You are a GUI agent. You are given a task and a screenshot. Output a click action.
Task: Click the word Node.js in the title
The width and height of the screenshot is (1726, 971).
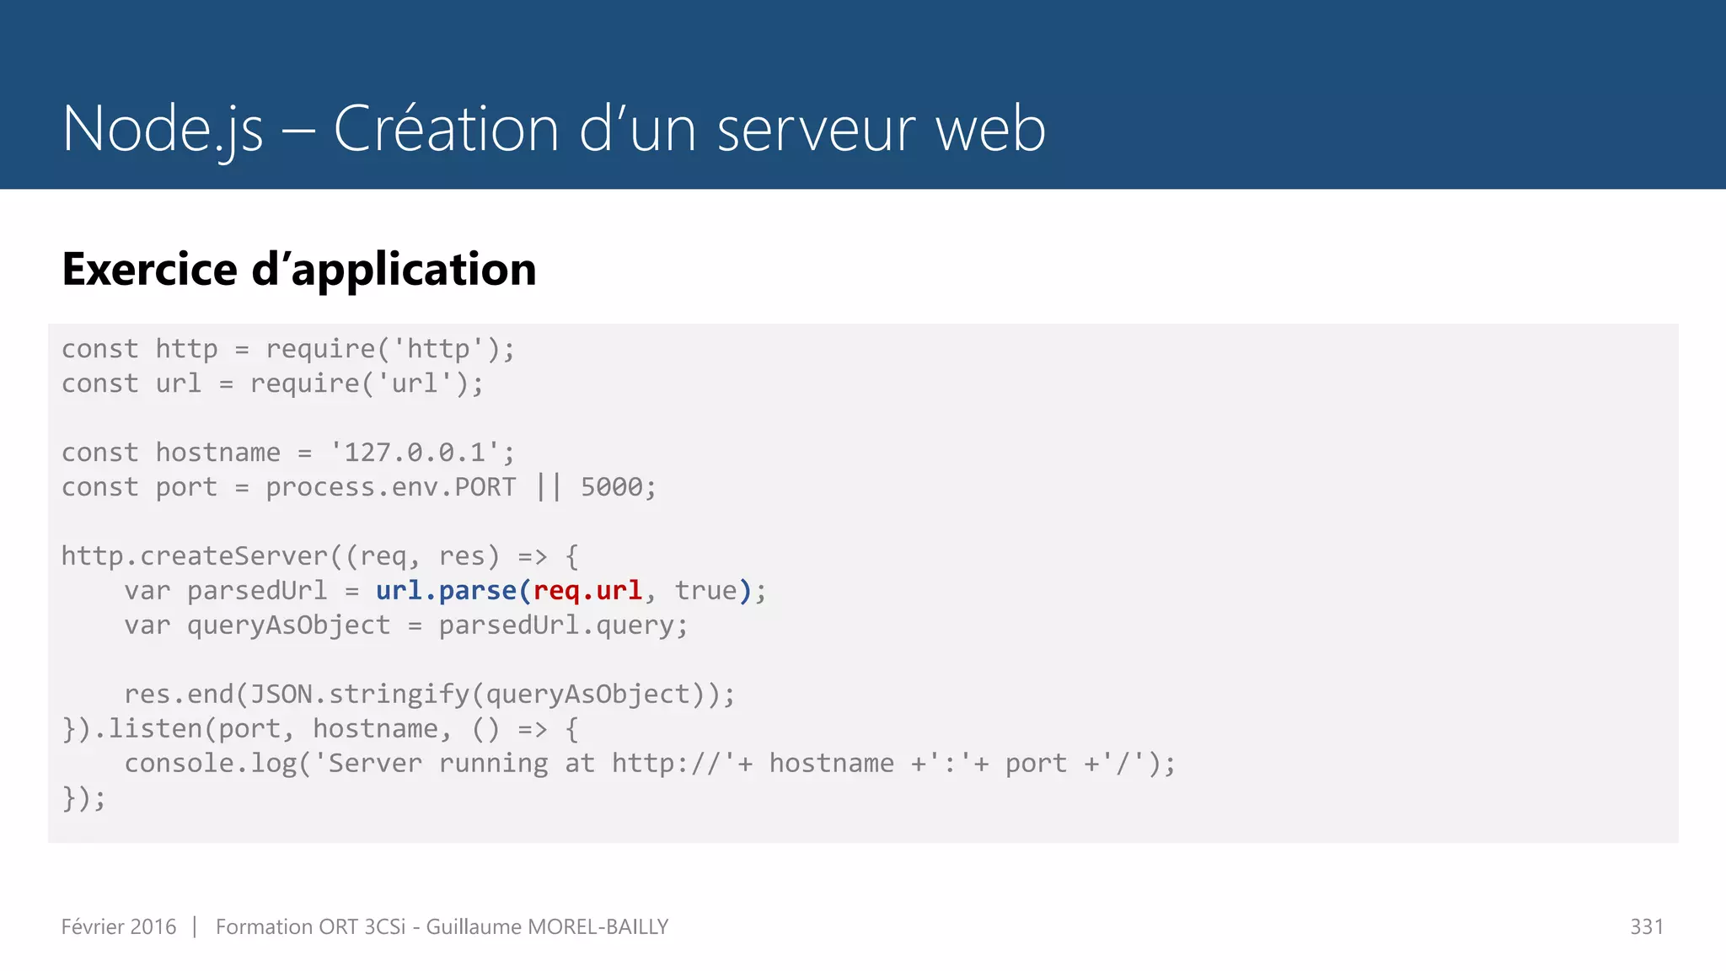click(x=163, y=129)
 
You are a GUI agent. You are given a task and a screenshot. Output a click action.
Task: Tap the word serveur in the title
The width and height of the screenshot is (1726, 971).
click(x=816, y=129)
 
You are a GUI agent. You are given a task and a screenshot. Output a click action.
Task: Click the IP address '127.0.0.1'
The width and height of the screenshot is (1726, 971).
click(x=415, y=453)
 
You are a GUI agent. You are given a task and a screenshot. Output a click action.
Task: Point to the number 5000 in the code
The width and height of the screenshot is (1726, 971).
click(x=612, y=487)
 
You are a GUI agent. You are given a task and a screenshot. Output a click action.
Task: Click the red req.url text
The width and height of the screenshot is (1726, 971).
click(x=587, y=591)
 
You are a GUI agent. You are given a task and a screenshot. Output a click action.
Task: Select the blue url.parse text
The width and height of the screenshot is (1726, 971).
click(x=446, y=591)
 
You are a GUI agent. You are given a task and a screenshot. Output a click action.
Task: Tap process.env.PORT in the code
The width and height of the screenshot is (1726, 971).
click(x=391, y=487)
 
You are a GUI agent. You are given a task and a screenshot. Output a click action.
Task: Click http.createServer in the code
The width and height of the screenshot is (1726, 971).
click(x=195, y=556)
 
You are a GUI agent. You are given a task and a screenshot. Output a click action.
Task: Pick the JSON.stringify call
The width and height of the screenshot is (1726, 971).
click(x=360, y=695)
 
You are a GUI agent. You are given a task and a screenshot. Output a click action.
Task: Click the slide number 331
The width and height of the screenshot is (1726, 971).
click(x=1646, y=927)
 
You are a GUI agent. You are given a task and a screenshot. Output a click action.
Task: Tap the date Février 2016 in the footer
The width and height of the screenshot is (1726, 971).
click(x=119, y=927)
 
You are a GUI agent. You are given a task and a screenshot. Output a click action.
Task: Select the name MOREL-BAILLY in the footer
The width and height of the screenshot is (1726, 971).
click(x=598, y=927)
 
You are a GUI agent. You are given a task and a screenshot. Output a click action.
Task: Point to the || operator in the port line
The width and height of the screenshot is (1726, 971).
click(x=549, y=487)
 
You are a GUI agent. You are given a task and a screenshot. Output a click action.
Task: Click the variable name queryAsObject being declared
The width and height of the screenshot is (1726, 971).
click(x=289, y=625)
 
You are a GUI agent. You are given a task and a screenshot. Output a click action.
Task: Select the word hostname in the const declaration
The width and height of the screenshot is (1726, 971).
click(x=218, y=453)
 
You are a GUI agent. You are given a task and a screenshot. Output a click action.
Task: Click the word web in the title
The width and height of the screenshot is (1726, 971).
click(x=991, y=129)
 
